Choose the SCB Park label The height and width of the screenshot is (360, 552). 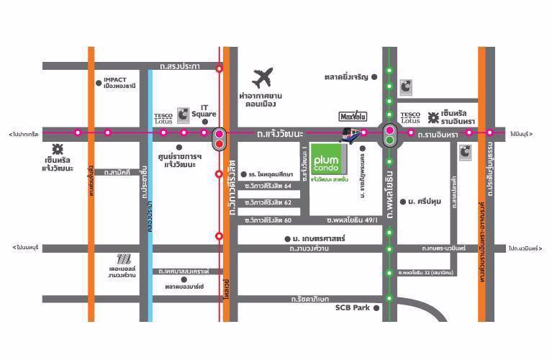[352, 307]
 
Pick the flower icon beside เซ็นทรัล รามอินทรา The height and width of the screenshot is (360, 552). [434, 115]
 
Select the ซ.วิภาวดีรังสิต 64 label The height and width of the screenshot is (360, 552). [268, 186]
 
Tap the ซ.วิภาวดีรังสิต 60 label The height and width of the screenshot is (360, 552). [268, 220]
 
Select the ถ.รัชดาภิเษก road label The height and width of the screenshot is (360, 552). [310, 297]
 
